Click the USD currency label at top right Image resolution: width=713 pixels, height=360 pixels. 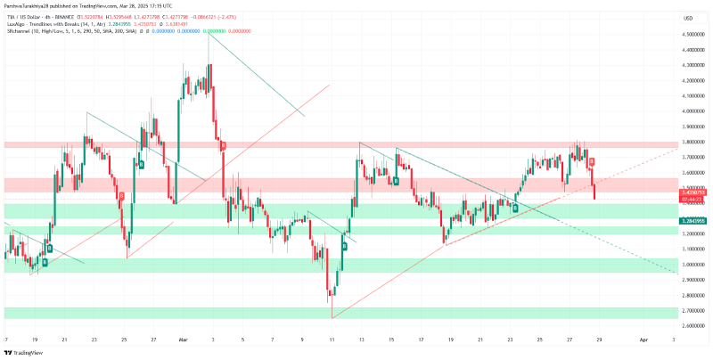pos(688,18)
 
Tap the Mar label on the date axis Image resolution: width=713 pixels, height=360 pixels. pos(184,340)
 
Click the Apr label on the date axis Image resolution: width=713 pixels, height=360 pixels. pos(643,340)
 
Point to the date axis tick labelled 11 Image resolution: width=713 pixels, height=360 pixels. pos(331,340)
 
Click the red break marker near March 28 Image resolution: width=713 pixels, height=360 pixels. pos(592,161)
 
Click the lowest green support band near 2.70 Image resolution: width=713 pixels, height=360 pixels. pos(339,313)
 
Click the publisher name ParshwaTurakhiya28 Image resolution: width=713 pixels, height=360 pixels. pos(36,6)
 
